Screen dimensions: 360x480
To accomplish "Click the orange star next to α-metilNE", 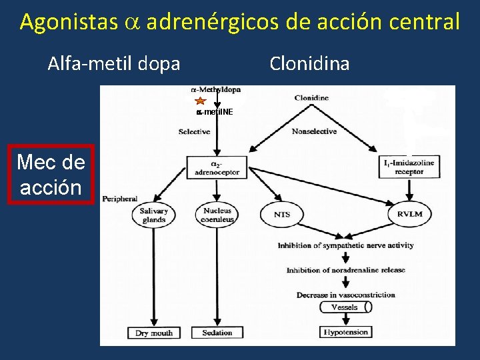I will point(200,101).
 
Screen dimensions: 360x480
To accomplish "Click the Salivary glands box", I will point(154,215).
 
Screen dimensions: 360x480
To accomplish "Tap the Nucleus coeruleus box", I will point(217,215).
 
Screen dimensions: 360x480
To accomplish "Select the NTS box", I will point(282,215).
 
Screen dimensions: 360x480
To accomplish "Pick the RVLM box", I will point(409,215).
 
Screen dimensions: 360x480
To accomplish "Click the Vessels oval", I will point(344,307).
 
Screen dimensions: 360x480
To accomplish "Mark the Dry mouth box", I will point(154,333).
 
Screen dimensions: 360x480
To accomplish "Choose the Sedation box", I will point(217,333).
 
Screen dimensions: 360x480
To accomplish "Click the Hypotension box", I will point(345,332).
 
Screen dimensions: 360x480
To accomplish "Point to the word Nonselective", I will point(314,131).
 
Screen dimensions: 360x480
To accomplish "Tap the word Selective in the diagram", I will point(195,132).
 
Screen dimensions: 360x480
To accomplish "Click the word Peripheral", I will point(120,199).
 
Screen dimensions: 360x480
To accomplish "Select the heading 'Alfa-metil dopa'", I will point(114,64).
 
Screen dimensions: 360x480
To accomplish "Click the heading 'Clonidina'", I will point(309,64).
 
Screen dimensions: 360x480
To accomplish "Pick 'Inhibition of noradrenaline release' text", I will point(346,270).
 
